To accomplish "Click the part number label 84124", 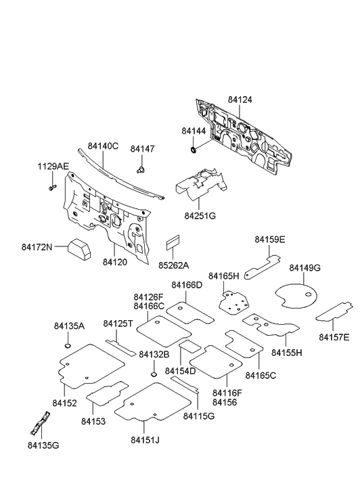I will pos(240,99).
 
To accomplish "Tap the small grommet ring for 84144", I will pos(194,148).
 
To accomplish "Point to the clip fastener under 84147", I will pos(141,168).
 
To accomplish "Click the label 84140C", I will pos(103,146).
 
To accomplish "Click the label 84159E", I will pos(269,239).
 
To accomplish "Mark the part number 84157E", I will pos(334,337).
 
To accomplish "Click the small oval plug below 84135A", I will pos(68,347).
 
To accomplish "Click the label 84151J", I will pos(145,441).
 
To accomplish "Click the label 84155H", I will pos(287,353).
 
